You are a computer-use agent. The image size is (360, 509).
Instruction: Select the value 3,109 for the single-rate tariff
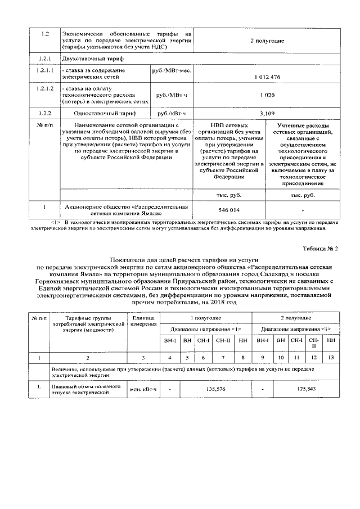(267, 112)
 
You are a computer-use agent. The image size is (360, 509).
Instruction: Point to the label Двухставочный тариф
(90, 58)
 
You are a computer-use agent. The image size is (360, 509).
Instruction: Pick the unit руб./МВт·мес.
(172, 70)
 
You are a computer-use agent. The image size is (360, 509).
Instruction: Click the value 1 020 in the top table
(267, 95)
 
